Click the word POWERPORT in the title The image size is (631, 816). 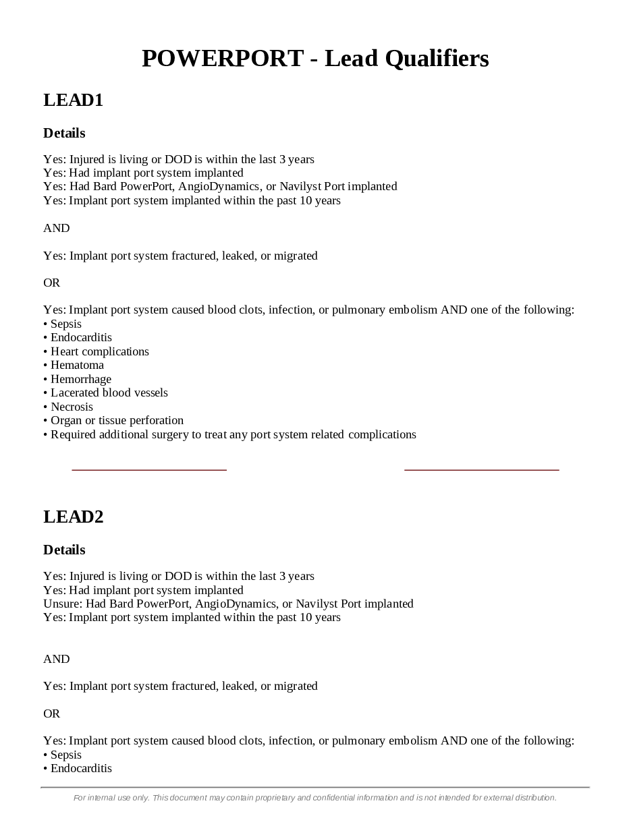[223, 59]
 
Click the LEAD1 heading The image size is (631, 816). [73, 100]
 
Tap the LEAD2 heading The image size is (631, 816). [73, 517]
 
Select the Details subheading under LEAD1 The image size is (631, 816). [64, 134]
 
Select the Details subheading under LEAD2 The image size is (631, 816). [64, 550]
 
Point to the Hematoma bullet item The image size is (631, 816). [77, 365]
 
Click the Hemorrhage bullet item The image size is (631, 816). [80, 379]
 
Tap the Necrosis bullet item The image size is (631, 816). [72, 407]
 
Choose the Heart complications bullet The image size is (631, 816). [99, 351]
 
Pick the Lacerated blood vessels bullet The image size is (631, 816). [109, 392]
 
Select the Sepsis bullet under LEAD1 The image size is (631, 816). [65, 324]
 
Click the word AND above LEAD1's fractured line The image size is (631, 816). [57, 228]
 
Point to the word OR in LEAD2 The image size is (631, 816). [52, 713]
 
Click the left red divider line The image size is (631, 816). [149, 469]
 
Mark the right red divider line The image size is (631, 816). [482, 469]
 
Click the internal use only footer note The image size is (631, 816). [315, 798]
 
